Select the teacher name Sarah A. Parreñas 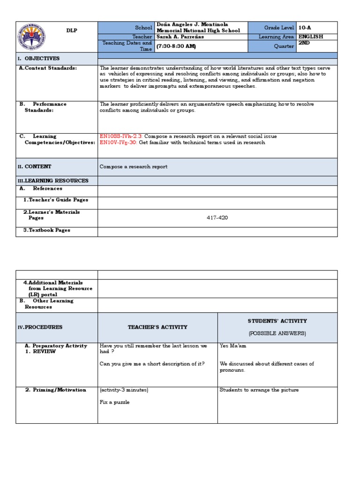[x=181, y=37]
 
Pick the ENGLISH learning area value [x=311, y=37]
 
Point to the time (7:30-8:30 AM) [x=176, y=46]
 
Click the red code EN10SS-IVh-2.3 [x=121, y=136]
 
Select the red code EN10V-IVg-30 [x=119, y=142]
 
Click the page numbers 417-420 [x=217, y=218]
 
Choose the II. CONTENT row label [x=35, y=167]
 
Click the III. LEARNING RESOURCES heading [x=53, y=180]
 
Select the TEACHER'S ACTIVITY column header [x=157, y=327]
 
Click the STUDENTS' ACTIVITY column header [x=277, y=321]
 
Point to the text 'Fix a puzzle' [x=115, y=402]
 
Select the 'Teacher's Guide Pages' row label [x=55, y=200]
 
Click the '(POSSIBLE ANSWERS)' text [x=277, y=333]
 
